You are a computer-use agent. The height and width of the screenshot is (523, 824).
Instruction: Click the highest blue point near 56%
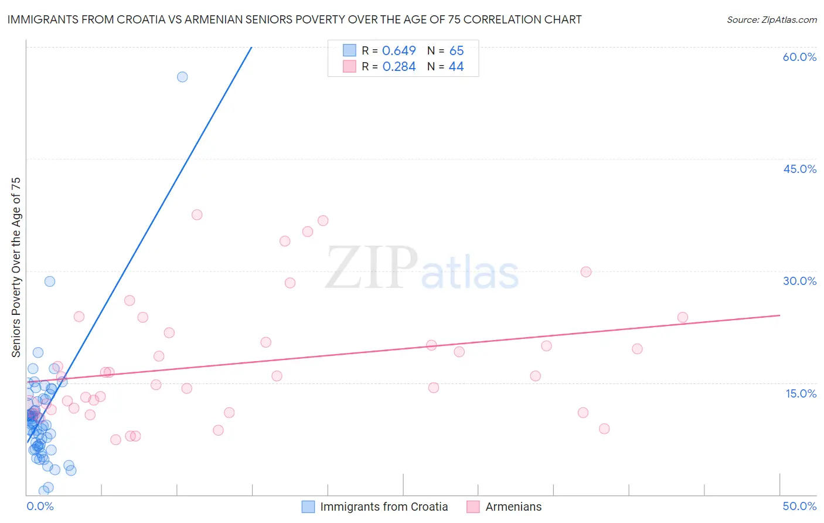tap(182, 77)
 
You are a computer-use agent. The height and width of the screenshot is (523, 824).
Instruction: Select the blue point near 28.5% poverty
tap(50, 281)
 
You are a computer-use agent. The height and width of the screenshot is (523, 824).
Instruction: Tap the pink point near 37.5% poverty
tap(197, 215)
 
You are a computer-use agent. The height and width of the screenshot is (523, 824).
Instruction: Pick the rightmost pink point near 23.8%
tap(682, 317)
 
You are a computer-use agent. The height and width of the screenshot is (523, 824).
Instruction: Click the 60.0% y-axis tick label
tap(799, 57)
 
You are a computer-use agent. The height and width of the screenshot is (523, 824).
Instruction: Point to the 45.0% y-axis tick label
tap(799, 169)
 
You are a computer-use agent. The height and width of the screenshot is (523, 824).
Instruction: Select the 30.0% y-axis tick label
tap(799, 281)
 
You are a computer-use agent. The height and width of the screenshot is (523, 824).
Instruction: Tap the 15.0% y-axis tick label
tap(801, 393)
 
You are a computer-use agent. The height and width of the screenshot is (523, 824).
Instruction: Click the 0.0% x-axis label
tap(40, 506)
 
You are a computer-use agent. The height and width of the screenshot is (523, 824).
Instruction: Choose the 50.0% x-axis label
tap(799, 506)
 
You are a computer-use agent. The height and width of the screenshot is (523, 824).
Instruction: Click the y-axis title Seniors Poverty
tap(16, 267)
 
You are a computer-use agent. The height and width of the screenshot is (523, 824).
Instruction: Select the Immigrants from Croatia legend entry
tap(384, 507)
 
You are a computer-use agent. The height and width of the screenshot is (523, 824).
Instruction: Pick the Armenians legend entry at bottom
tap(513, 507)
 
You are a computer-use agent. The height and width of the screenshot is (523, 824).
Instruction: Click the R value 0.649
tap(399, 50)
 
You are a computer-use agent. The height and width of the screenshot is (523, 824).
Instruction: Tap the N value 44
tap(456, 66)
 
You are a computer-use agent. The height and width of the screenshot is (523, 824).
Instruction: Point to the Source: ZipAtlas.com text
tap(771, 19)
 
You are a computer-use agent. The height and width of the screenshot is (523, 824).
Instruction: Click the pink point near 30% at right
tap(586, 271)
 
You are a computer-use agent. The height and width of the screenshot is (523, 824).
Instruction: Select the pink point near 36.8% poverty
tap(323, 220)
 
